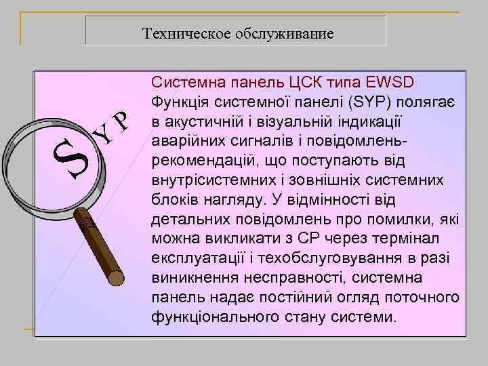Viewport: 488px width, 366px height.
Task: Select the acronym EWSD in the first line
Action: click(x=395, y=83)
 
